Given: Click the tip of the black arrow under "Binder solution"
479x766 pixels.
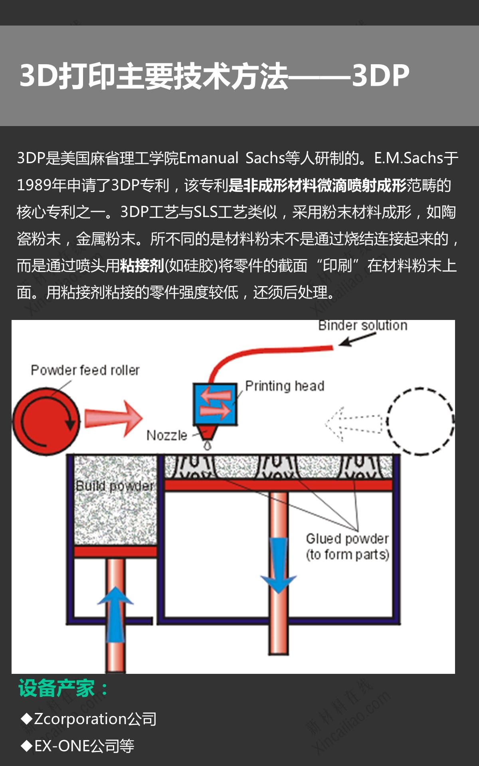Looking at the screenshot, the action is pos(340,345).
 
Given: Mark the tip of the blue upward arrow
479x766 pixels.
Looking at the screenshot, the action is pos(115,586).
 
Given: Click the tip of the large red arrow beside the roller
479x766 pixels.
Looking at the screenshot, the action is pos(143,418).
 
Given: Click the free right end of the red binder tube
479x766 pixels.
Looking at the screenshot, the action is pos(333,347).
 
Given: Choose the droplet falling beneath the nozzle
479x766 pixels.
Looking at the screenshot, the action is pos(207,445).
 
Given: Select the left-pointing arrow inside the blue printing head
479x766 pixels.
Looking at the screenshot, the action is pos(216,396).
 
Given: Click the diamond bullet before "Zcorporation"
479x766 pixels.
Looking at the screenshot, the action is pos(27,719).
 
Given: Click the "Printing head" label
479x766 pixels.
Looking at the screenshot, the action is pos(285,386).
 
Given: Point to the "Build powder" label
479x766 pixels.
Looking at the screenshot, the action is pos(115,486).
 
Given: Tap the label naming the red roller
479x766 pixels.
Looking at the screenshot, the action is pos(85,370).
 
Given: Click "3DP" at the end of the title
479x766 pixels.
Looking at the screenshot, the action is pos(380,75).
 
